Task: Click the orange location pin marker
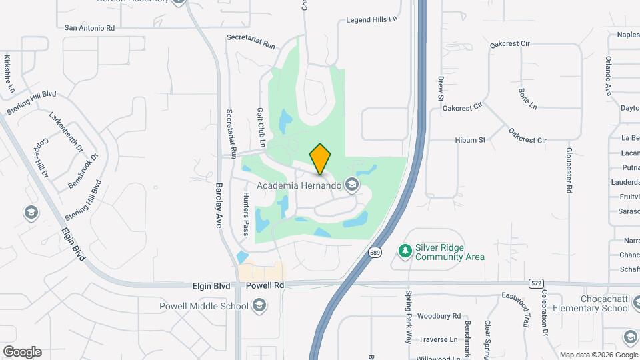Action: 320,159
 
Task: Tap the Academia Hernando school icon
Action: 351,185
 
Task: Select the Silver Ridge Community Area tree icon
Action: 404,251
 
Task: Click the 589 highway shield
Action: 375,252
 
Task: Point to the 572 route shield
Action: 536,283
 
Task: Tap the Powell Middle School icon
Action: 259,306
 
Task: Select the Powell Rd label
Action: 265,285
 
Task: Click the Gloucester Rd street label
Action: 569,171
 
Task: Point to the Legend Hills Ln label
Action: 371,20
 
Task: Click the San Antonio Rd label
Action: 90,28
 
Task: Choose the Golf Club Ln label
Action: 261,127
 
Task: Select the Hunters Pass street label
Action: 245,214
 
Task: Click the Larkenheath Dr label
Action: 66,131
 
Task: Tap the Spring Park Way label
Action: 409,317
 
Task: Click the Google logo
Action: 22,352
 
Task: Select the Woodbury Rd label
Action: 439,315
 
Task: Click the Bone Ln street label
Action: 527,97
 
